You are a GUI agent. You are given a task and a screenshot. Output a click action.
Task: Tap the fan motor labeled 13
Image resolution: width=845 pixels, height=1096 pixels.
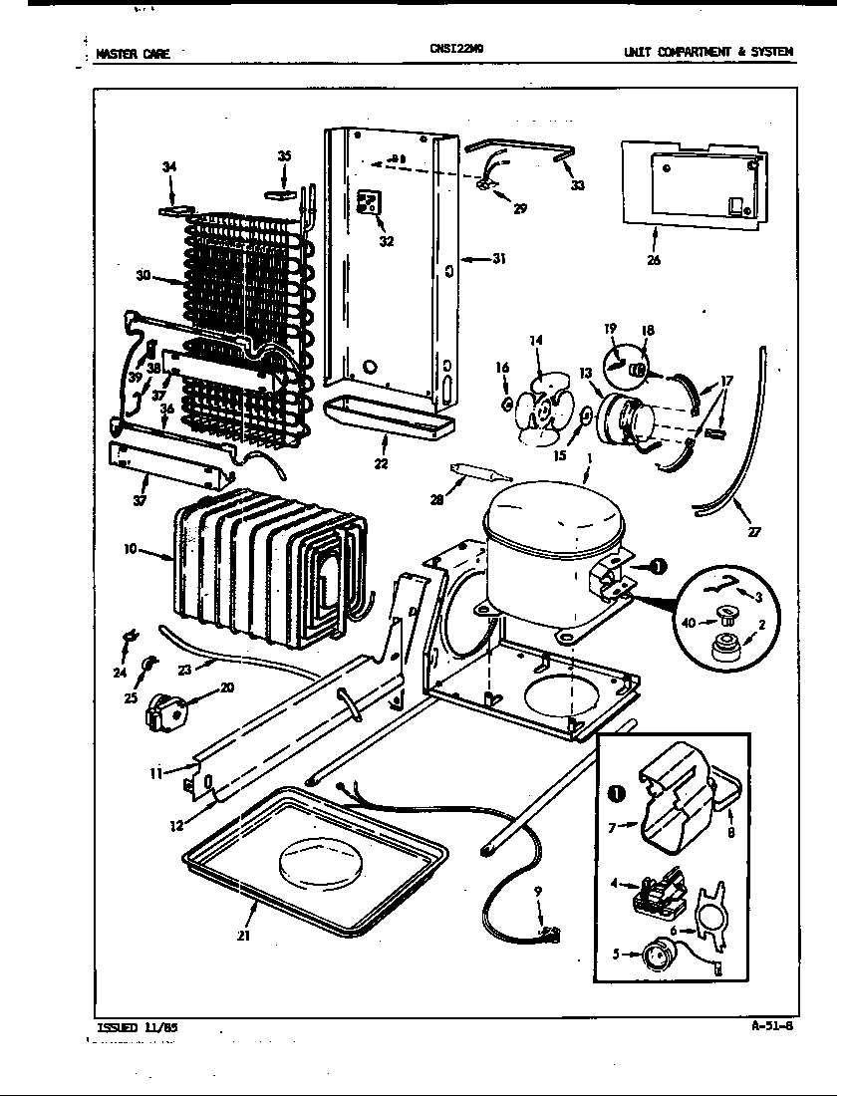pyautogui.click(x=624, y=412)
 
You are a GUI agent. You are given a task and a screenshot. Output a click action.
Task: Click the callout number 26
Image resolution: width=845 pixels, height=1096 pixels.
pyautogui.click(x=653, y=261)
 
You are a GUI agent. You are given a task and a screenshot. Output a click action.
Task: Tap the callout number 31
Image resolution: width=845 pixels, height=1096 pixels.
pyautogui.click(x=498, y=259)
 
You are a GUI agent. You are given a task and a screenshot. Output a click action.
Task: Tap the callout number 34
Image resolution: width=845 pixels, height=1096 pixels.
pyautogui.click(x=169, y=166)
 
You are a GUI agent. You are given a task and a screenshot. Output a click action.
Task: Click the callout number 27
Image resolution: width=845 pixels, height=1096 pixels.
pyautogui.click(x=754, y=532)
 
